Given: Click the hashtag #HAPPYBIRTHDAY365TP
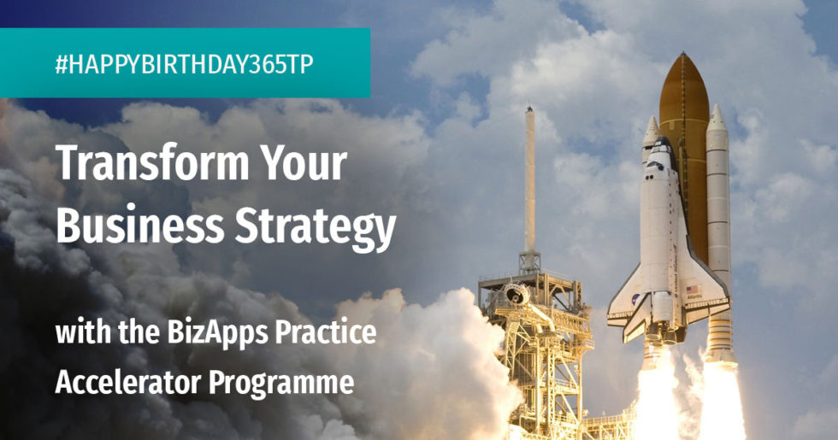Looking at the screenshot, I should [x=184, y=65].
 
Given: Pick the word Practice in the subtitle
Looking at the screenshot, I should [x=322, y=331].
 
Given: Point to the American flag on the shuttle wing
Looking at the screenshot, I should [x=692, y=290].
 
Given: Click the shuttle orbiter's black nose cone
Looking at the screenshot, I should [x=662, y=145].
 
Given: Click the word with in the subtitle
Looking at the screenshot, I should [x=76, y=331].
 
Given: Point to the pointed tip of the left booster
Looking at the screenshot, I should [x=652, y=122].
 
